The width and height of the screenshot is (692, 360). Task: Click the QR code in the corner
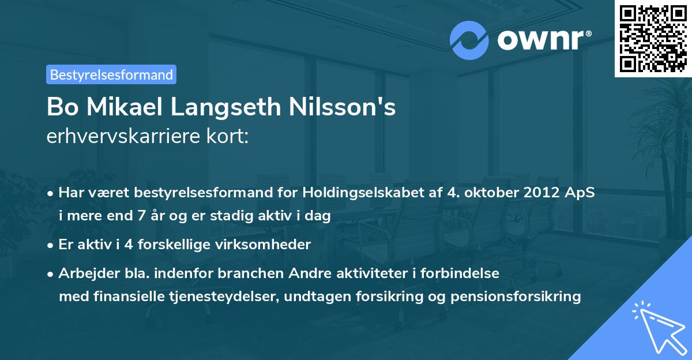tap(653, 38)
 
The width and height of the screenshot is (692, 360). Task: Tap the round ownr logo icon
tap(469, 40)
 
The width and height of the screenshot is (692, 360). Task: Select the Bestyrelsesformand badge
tap(111, 74)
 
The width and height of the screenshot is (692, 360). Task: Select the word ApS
tap(581, 193)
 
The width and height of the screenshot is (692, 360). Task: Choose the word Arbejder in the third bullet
tap(84, 273)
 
